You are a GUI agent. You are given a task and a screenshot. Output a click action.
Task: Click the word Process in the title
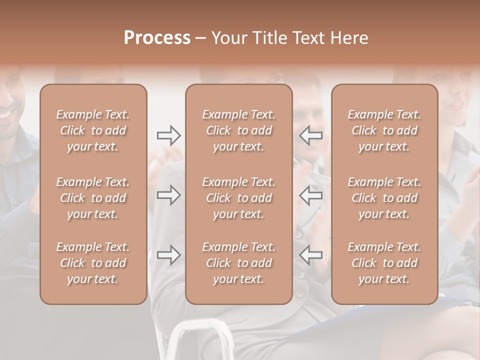[x=157, y=38]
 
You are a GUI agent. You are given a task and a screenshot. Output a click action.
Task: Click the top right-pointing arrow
[x=168, y=135]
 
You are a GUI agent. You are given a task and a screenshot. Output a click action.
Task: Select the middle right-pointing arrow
[x=168, y=195]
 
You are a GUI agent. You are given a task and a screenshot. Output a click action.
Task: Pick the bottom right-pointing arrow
[x=168, y=255]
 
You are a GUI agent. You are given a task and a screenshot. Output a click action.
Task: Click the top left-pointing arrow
[x=311, y=135]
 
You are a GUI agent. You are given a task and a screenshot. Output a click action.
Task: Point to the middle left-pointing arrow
[x=311, y=195]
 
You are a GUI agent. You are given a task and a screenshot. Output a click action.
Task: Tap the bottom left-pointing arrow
[x=311, y=255]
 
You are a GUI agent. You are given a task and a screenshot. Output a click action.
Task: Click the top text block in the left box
[x=93, y=130]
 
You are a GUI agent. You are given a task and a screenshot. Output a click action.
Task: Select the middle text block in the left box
[x=93, y=198]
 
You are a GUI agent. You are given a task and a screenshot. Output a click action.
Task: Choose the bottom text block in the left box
[x=93, y=263]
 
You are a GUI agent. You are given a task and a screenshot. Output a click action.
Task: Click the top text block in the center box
[x=239, y=130]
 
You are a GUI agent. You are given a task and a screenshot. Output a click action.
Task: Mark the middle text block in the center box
[x=239, y=198]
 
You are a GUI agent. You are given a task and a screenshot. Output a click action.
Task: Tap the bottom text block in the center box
[x=239, y=263]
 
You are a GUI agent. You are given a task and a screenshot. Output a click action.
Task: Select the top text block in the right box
[x=384, y=130]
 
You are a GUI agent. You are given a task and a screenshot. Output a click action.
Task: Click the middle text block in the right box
[x=384, y=198]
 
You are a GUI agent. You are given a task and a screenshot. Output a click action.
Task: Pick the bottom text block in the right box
[x=384, y=263]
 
